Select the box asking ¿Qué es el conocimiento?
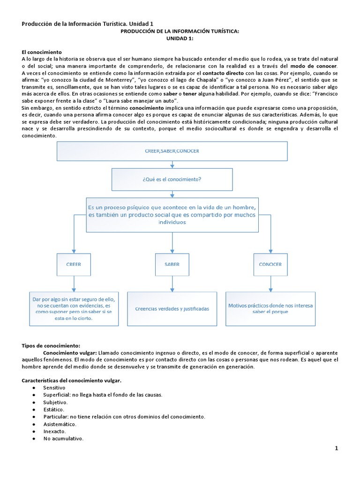172,179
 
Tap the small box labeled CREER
73,264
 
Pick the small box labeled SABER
172,264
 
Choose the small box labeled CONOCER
270,264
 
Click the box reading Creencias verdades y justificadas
172,309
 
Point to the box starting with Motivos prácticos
270,308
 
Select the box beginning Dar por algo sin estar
74,308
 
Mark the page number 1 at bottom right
336,449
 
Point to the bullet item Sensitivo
54,388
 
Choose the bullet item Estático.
55,410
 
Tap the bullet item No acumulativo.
63,439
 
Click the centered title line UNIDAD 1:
180,39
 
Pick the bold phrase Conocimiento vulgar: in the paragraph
70,352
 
